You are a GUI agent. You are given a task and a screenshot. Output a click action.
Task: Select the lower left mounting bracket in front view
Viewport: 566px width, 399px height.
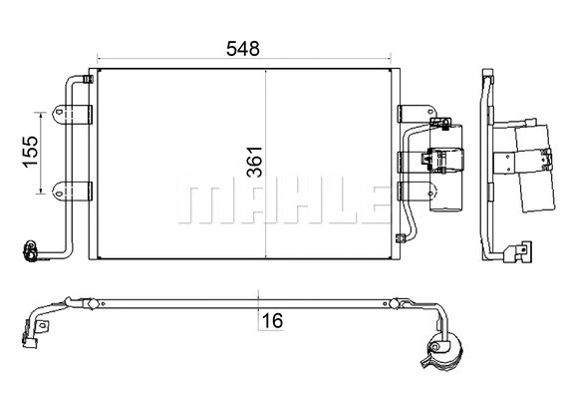tap(74, 190)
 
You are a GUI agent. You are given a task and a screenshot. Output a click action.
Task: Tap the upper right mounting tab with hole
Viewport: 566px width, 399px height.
tap(410, 114)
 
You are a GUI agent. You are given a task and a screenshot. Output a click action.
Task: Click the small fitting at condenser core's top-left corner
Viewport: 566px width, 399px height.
tap(92, 77)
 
